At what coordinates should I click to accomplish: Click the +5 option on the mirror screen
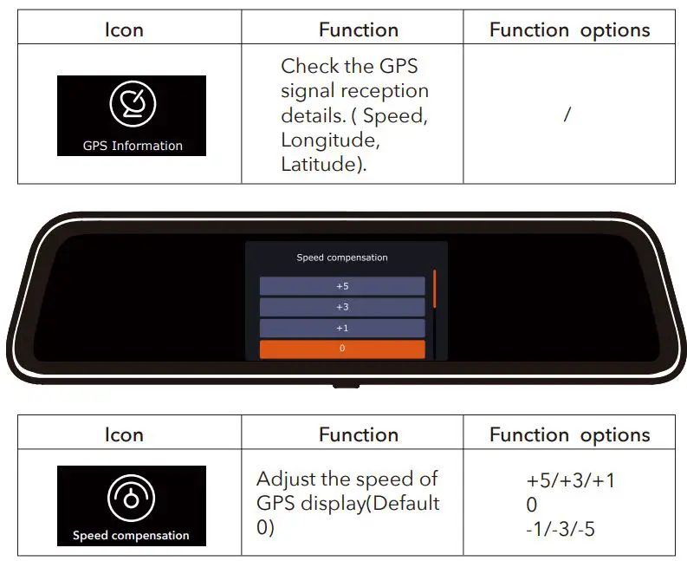(342, 286)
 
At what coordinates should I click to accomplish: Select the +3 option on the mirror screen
(342, 307)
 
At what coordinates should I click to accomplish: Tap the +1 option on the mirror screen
(342, 328)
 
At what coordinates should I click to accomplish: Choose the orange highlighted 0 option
(342, 349)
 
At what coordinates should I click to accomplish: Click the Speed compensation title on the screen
(342, 258)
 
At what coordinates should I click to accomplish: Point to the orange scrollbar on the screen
(435, 290)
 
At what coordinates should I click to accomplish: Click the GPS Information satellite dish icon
(133, 104)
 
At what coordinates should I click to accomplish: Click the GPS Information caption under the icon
(133, 146)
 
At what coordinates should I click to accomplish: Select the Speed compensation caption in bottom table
(131, 536)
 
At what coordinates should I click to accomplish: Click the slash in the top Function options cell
(567, 114)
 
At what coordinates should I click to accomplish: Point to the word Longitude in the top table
(330, 140)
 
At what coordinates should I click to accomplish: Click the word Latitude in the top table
(318, 164)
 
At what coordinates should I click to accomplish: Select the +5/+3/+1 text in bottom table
(570, 480)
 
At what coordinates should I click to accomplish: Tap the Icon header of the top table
(124, 30)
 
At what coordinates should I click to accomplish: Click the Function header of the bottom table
(358, 435)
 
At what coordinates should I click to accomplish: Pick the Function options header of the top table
(569, 30)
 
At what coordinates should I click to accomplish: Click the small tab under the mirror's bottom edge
(344, 382)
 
